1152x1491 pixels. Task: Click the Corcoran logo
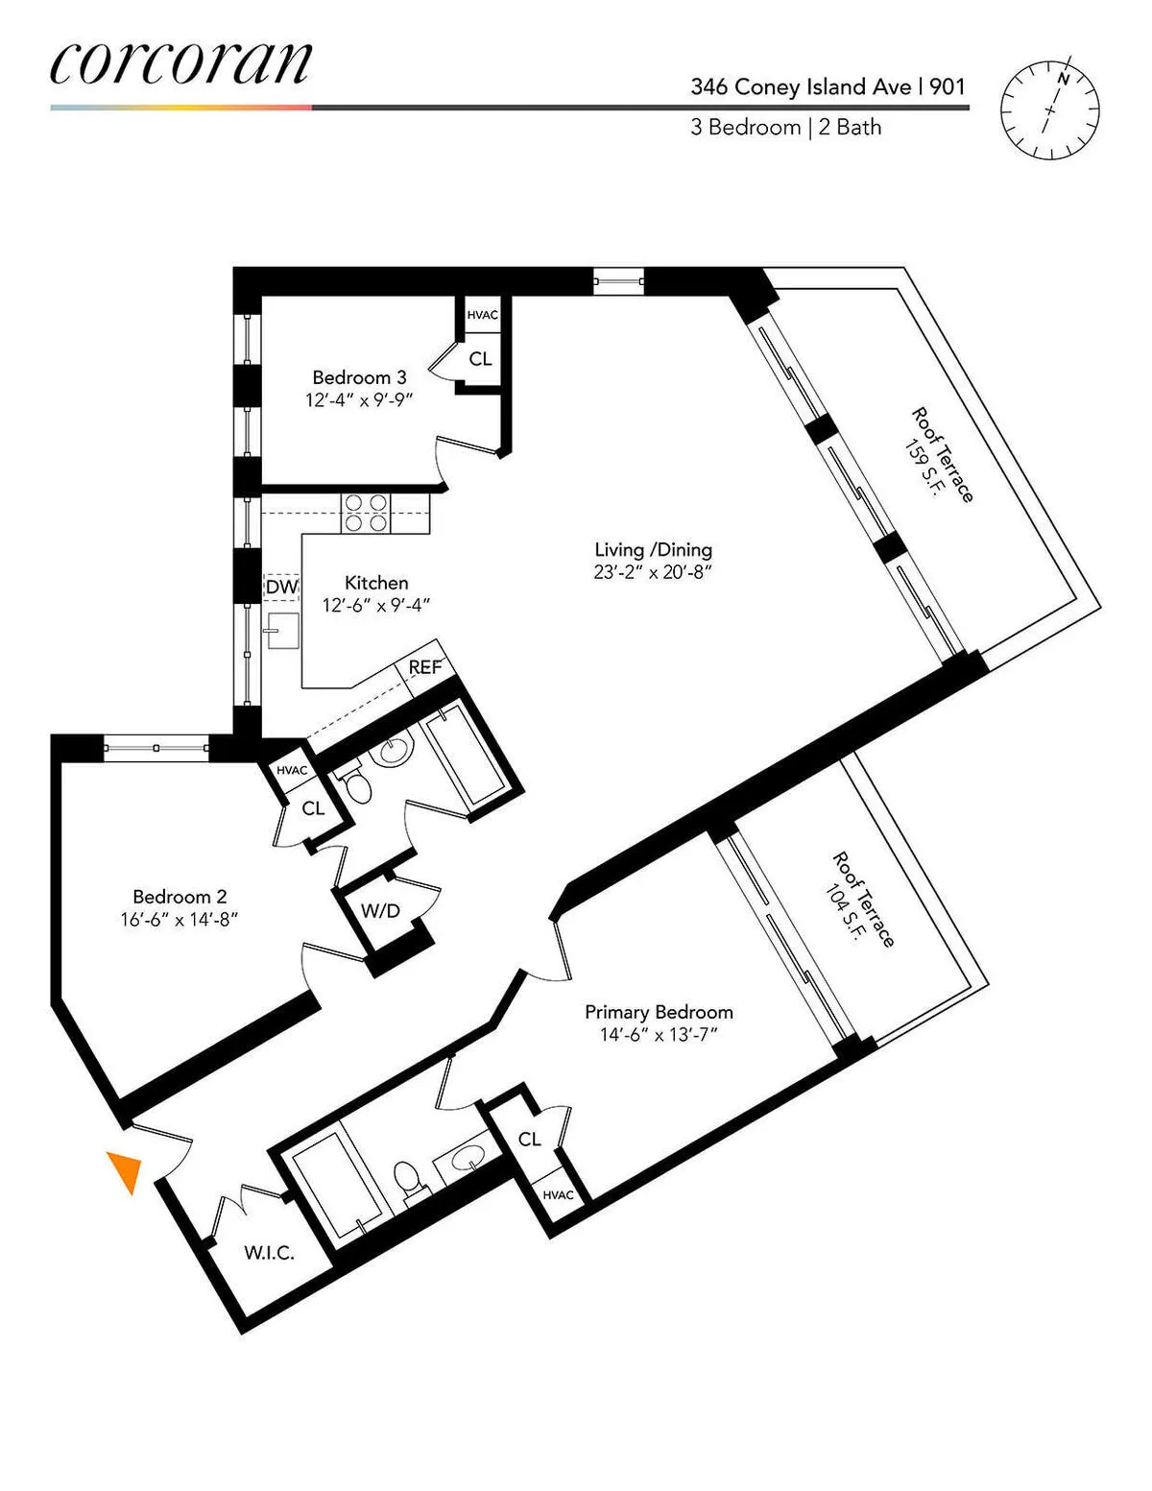click(180, 63)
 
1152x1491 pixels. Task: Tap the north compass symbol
click(1049, 109)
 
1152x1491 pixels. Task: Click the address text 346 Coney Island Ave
click(801, 86)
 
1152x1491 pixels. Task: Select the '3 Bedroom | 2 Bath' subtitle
click(785, 128)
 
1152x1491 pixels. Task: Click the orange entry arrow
click(126, 1170)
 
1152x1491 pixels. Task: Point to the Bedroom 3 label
click(359, 377)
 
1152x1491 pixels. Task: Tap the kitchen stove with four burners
click(366, 512)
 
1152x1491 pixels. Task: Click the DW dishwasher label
click(281, 587)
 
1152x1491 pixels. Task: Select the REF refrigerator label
click(424, 666)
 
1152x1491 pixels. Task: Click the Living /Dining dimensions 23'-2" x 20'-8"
click(653, 572)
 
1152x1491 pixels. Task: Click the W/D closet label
click(380, 910)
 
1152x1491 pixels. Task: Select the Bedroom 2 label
click(180, 897)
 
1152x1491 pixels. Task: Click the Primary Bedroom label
click(659, 1012)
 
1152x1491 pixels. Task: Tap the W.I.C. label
click(269, 1252)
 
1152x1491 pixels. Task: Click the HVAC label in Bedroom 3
click(482, 315)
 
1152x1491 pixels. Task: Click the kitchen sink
click(282, 631)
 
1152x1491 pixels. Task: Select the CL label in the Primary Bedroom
click(529, 1139)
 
